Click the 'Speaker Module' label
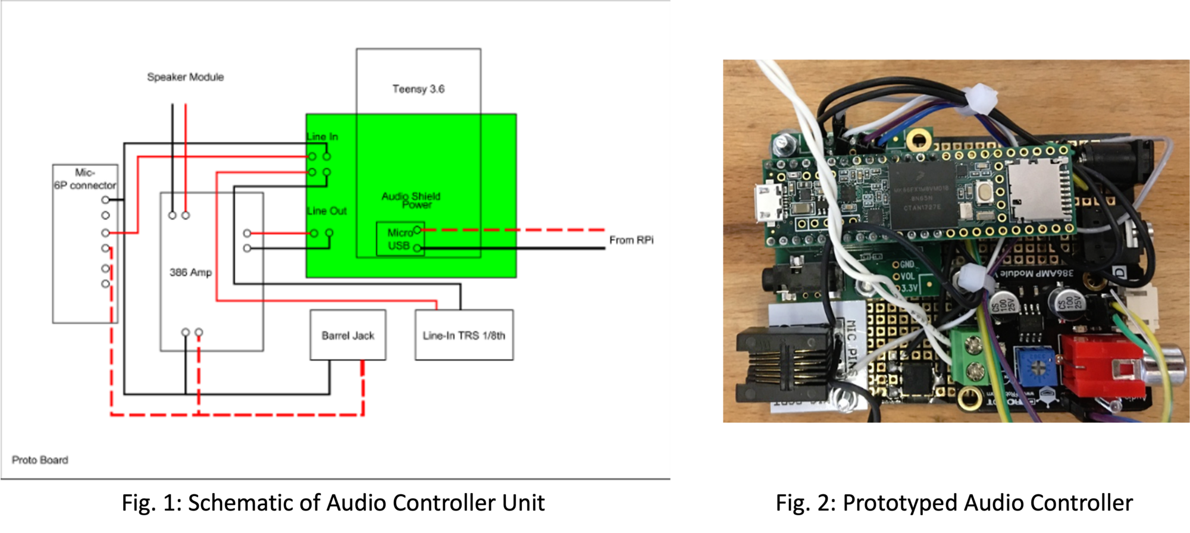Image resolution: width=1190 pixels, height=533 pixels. coord(185,77)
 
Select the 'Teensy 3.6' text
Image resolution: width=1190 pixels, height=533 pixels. coord(418,89)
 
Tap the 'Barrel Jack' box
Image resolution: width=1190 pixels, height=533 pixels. coord(347,336)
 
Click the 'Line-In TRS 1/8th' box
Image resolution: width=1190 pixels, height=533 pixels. coord(464,336)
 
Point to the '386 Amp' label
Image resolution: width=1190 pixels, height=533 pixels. coord(190,272)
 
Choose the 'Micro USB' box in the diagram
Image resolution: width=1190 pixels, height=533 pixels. coord(400,239)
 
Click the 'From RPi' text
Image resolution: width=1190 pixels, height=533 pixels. coord(631,240)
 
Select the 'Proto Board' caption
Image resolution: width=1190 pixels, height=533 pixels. coord(40,460)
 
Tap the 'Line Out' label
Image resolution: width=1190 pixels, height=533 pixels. coord(327,211)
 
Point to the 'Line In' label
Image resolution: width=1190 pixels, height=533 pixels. coord(322,137)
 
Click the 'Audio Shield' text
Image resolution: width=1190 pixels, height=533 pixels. coord(411,196)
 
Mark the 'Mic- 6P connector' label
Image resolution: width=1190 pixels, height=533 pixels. coord(84,179)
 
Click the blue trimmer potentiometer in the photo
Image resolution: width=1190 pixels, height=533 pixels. coord(1034,367)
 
